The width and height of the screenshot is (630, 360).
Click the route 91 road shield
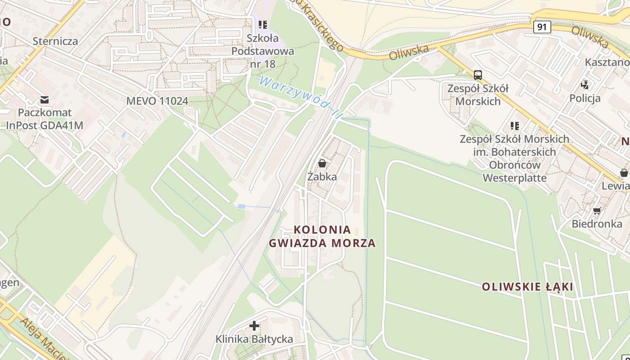click(542, 27)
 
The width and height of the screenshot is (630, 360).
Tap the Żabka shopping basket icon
click(322, 163)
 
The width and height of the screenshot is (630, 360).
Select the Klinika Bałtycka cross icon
click(254, 326)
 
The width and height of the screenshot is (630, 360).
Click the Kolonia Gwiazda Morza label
click(322, 236)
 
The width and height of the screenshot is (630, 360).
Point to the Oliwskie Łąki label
click(527, 287)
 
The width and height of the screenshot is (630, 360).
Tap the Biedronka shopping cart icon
click(597, 211)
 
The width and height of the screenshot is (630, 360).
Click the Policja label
click(585, 98)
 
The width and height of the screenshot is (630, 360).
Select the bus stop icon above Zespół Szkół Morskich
click(478, 75)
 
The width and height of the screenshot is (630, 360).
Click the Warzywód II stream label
click(299, 97)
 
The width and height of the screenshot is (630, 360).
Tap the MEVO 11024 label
click(157, 101)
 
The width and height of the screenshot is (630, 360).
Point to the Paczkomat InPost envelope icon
click(45, 99)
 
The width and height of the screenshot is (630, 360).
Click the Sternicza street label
click(55, 41)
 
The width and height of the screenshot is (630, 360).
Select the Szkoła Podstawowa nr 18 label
click(262, 51)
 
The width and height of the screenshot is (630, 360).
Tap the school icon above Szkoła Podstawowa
click(263, 25)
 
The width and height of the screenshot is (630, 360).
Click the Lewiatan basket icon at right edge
click(624, 173)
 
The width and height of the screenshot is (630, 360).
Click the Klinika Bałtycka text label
click(254, 339)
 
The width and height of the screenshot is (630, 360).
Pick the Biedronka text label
click(597, 224)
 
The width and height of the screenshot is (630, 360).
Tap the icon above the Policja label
click(585, 84)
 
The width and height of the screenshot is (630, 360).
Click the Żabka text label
click(322, 176)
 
